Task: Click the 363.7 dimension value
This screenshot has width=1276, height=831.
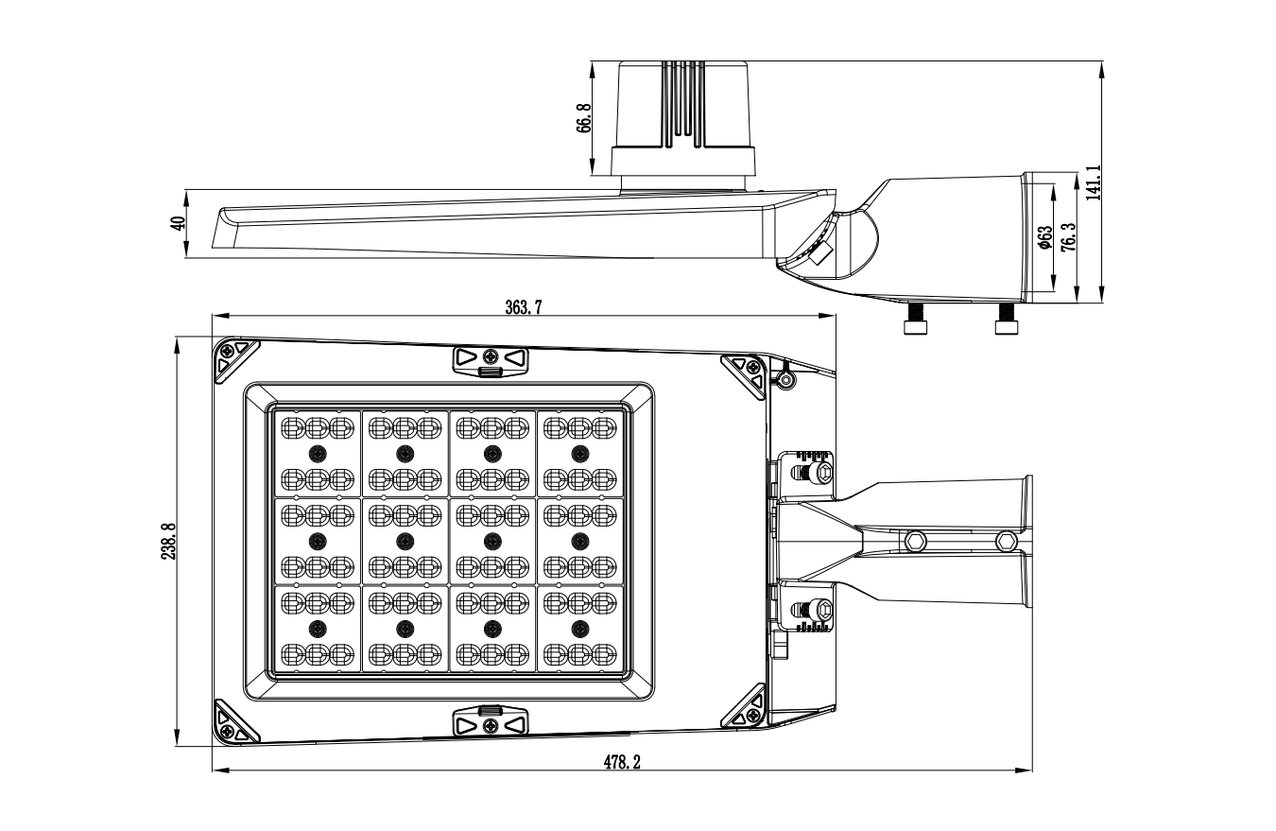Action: point(522,306)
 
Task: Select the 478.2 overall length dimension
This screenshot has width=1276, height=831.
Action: point(622,762)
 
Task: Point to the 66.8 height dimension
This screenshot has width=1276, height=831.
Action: point(583,118)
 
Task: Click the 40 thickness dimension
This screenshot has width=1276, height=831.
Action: point(176,223)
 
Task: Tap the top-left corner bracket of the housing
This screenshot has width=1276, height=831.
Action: point(232,357)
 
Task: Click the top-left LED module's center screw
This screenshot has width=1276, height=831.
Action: point(317,452)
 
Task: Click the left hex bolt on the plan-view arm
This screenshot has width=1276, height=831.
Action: point(914,541)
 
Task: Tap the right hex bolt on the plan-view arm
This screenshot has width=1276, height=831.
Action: point(1007,541)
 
